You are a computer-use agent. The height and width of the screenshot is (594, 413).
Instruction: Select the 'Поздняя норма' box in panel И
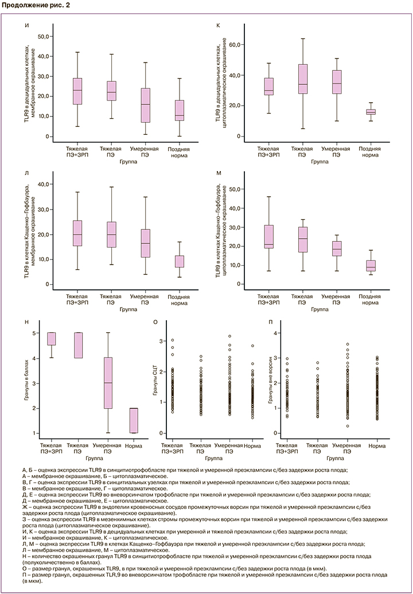tap(179, 111)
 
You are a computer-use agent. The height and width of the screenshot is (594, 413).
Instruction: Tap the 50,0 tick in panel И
tap(42, 36)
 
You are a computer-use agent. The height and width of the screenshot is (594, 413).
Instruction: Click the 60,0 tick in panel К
tap(237, 44)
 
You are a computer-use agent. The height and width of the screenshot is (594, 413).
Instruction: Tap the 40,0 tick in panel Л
tap(42, 184)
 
